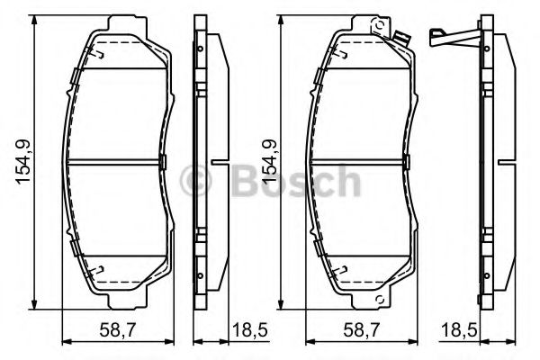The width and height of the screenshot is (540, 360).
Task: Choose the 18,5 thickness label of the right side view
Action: pos(462,329)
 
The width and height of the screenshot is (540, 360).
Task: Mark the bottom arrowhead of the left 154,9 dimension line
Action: pos(35,301)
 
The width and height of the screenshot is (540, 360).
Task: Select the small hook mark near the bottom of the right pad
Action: pos(343,268)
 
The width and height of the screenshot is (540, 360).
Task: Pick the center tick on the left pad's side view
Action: pos(219,163)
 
